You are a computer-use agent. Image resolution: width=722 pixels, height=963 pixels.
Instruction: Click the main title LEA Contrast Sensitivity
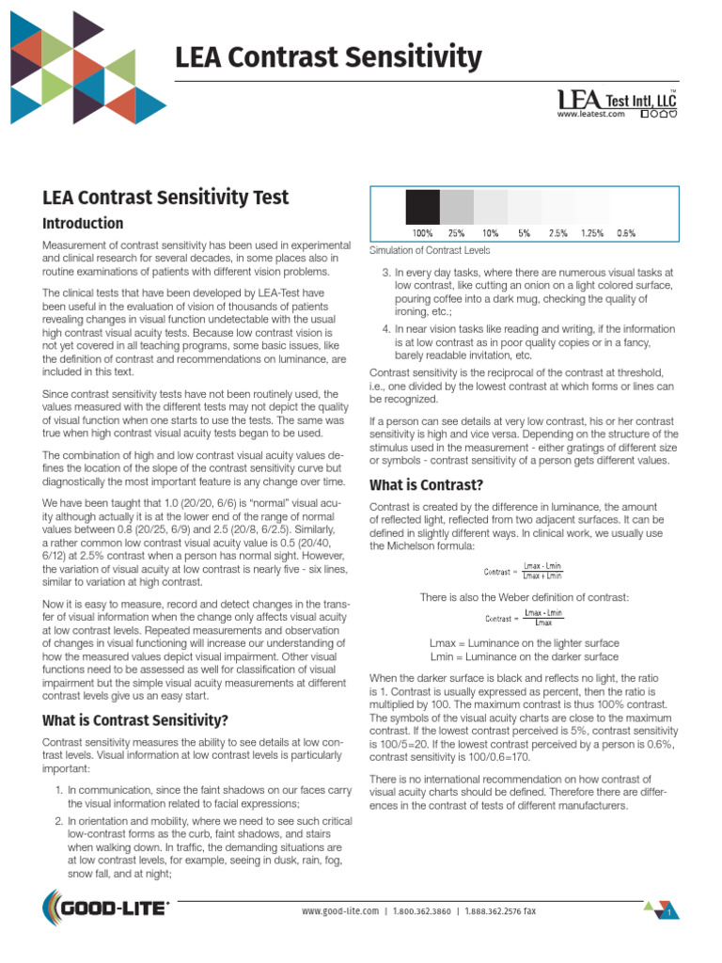point(328,58)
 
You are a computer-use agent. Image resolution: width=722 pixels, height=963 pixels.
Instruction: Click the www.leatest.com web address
point(590,114)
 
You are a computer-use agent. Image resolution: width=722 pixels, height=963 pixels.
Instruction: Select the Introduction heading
point(83,224)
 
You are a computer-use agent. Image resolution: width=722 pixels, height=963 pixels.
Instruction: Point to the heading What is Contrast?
point(427,485)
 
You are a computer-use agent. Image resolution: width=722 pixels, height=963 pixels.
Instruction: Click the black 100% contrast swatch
point(422,206)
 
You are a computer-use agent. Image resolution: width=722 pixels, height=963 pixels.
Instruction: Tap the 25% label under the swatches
point(456,232)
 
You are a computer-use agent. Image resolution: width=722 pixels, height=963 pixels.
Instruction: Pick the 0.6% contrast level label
point(625,232)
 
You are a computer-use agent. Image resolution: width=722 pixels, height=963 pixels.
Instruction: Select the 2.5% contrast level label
point(557,232)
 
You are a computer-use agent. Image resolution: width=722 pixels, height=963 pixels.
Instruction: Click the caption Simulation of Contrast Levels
point(429,250)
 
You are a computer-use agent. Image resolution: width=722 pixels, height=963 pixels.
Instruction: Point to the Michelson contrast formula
point(524,570)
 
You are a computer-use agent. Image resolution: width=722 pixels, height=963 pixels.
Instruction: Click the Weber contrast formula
point(524,618)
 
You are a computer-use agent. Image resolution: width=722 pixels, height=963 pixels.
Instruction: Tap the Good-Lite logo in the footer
point(105,909)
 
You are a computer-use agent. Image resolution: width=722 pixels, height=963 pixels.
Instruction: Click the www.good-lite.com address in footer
point(339,911)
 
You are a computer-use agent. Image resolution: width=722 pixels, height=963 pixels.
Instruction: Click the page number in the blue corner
point(667,913)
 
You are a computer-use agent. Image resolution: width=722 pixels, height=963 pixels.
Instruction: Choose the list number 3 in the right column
point(385,271)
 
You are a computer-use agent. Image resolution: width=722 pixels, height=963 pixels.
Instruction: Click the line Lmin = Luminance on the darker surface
point(524,656)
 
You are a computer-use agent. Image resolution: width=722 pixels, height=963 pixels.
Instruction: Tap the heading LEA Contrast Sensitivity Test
point(165,197)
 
